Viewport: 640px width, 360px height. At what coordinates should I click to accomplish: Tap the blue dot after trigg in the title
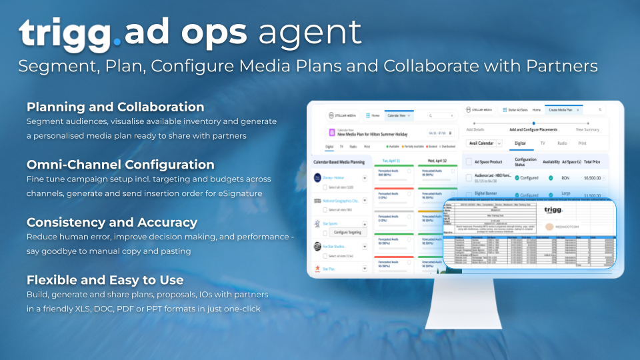coord(117,41)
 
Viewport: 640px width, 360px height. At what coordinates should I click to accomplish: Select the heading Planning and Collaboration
coord(115,107)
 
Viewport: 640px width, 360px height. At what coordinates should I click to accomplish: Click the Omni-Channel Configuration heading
coord(121,165)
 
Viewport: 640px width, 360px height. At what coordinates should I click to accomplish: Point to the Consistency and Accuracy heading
coord(112,222)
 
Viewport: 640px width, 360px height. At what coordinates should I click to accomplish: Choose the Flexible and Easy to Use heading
coord(105,279)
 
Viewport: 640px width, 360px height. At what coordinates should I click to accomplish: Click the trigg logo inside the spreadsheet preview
coord(553,209)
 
